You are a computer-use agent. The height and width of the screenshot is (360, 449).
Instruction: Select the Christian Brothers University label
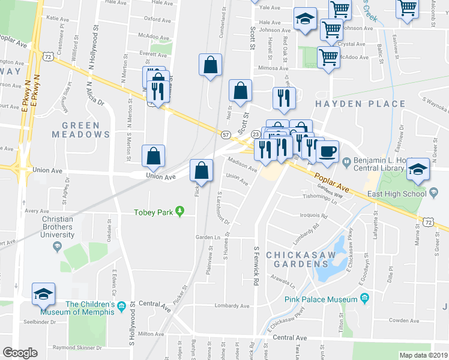click(58, 227)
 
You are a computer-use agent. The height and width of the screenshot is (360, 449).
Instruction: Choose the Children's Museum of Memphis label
click(77, 308)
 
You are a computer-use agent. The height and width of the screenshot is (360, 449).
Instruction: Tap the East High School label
click(403, 193)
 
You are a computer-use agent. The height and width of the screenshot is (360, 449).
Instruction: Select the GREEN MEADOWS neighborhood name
click(85, 130)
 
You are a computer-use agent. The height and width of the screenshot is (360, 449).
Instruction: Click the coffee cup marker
click(327, 151)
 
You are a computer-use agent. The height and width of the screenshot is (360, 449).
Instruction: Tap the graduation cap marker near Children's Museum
click(44, 294)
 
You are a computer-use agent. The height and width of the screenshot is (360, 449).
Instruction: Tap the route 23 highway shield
click(255, 134)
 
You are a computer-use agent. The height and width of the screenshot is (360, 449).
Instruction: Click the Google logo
click(20, 353)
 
